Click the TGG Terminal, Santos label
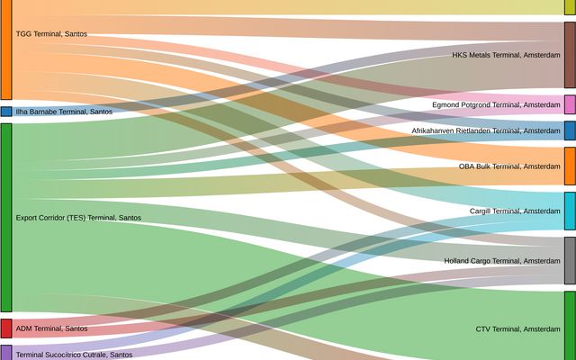pyautogui.click(x=51, y=34)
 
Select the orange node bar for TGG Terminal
pyautogui.click(x=5, y=49)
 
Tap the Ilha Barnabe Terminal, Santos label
pyautogui.click(x=64, y=112)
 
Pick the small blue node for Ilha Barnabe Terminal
pyautogui.click(x=5, y=112)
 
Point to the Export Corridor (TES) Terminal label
pyautogui.click(x=78, y=218)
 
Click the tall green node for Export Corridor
pyautogui.click(x=5, y=218)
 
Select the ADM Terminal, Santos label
pyautogui.click(x=51, y=328)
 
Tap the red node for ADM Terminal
pyautogui.click(x=5, y=328)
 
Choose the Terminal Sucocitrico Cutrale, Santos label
pyautogui.click(x=74, y=355)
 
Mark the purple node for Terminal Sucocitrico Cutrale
pyautogui.click(x=5, y=353)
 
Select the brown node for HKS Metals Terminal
pyautogui.click(x=570, y=55)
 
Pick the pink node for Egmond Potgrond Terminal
pyautogui.click(x=570, y=104)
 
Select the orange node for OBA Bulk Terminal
pyautogui.click(x=570, y=166)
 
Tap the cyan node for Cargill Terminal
pyautogui.click(x=570, y=211)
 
